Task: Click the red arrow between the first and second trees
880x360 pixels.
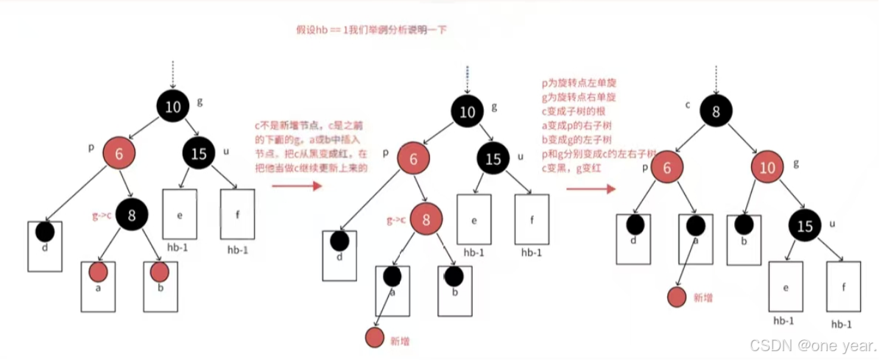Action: point(298,186)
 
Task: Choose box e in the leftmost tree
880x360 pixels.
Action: point(180,214)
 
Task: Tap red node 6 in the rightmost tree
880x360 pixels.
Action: point(667,166)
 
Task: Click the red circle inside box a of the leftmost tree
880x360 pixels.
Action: point(99,272)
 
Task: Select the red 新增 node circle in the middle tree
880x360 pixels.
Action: point(376,338)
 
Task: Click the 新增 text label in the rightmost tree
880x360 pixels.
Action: point(704,297)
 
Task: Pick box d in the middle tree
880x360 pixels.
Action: point(339,249)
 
